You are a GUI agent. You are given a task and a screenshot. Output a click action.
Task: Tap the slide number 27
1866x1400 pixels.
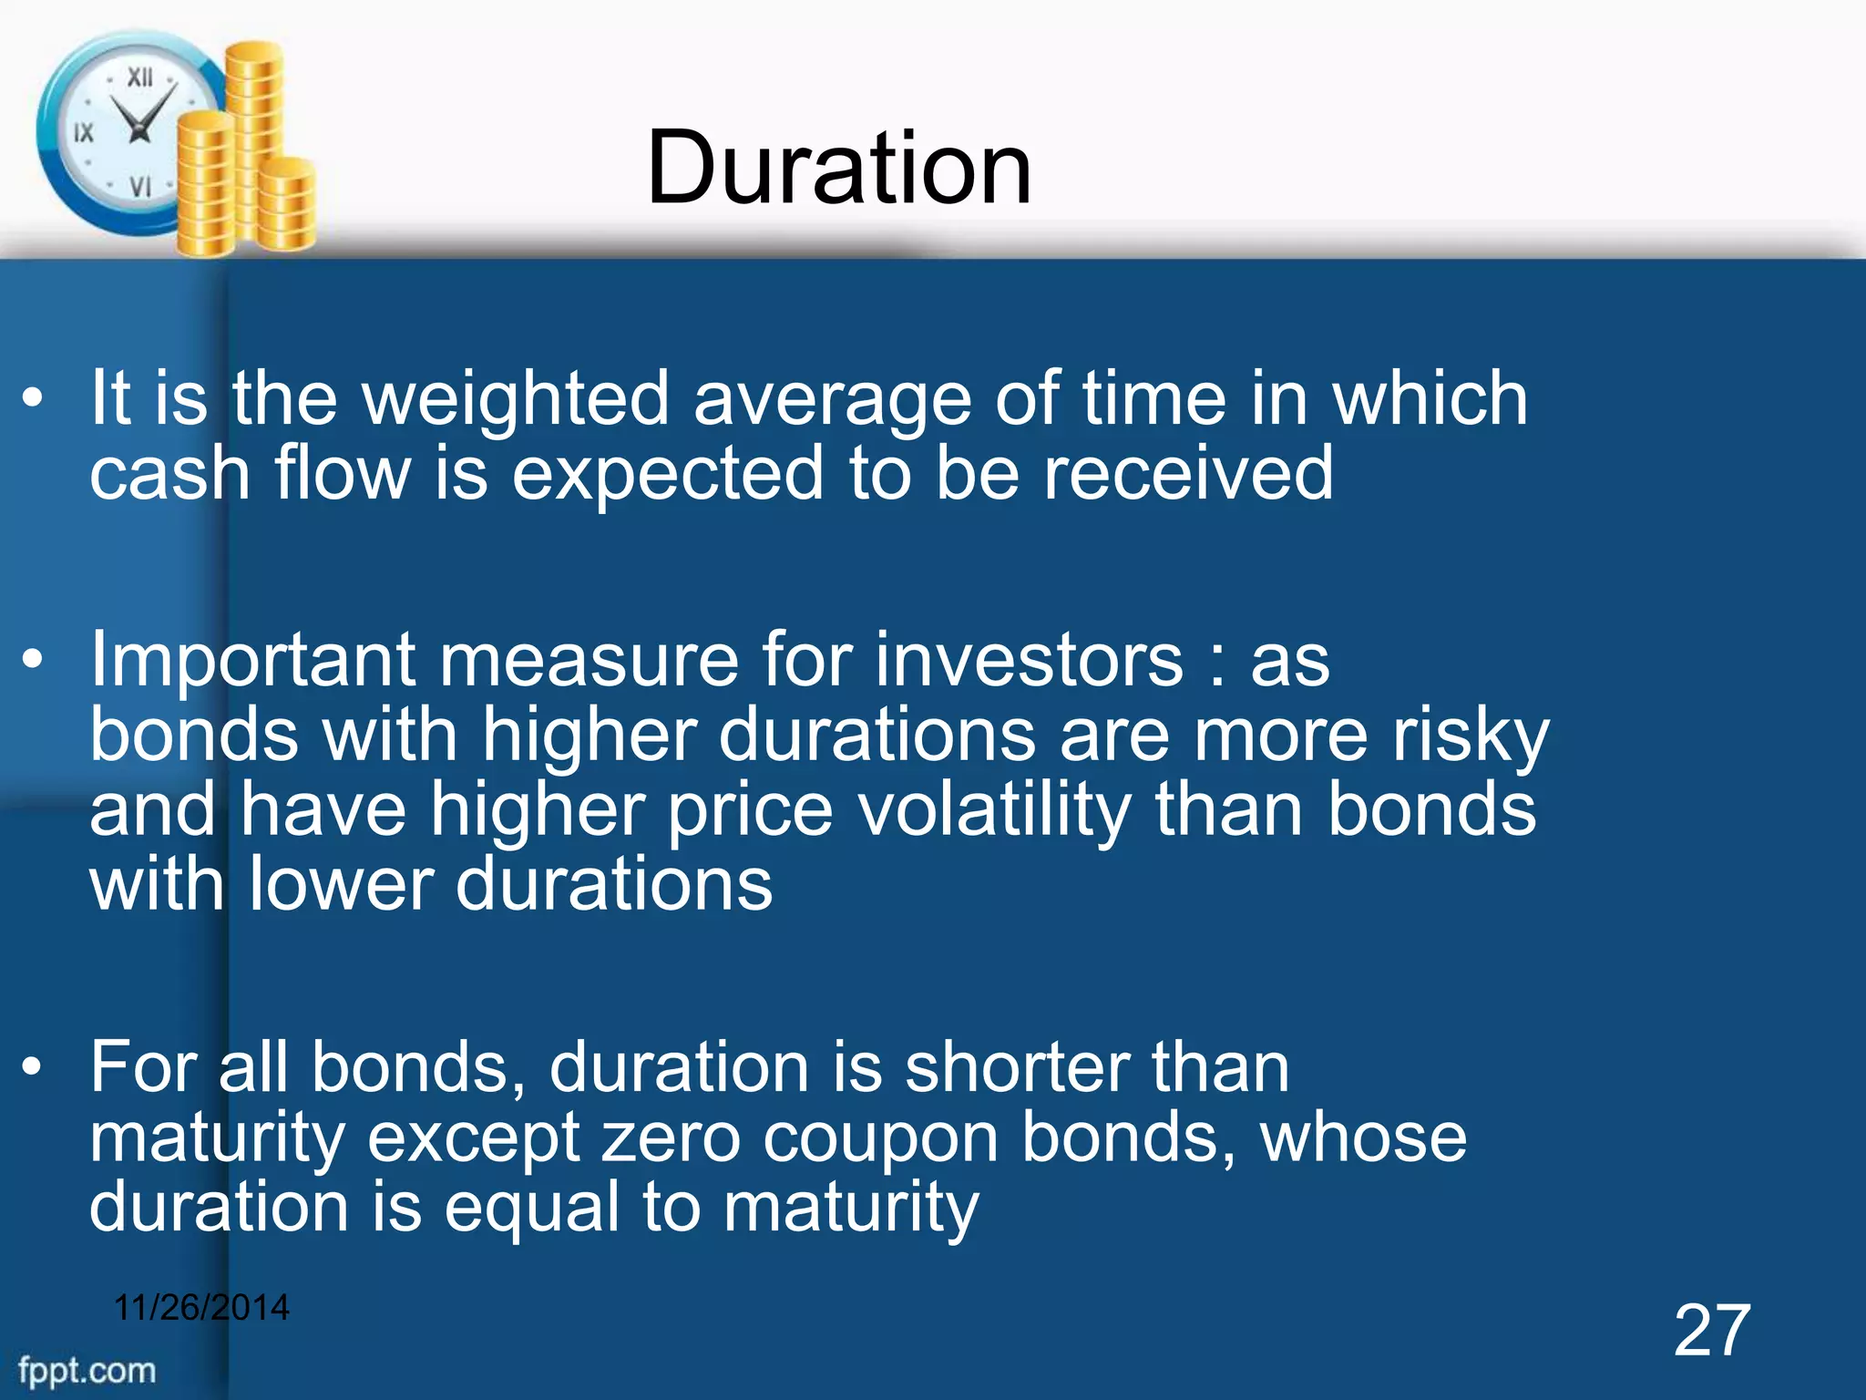point(1711,1332)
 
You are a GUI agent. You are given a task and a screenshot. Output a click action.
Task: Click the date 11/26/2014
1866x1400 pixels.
point(201,1307)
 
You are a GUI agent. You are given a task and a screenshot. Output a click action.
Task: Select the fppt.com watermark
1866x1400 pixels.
point(87,1370)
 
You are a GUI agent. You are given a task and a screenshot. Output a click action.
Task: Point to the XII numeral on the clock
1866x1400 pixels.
point(139,77)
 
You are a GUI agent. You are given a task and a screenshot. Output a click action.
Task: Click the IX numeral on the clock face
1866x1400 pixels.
point(84,133)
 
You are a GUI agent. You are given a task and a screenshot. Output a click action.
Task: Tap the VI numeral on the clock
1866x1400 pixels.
point(139,187)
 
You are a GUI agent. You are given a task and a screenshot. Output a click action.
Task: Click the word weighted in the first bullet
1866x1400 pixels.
point(516,398)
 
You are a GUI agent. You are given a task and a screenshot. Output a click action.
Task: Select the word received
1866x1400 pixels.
point(1188,473)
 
